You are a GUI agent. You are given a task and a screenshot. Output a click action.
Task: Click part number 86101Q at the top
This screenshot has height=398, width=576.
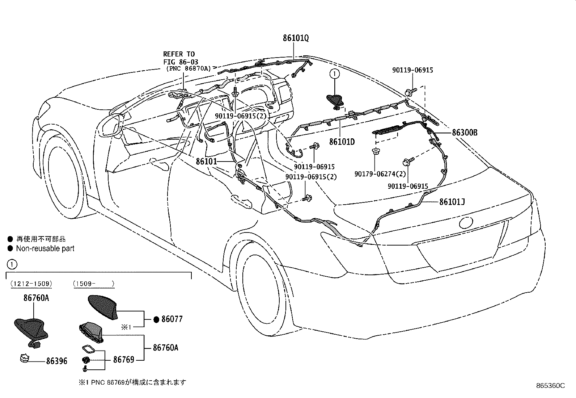pyautogui.click(x=296, y=38)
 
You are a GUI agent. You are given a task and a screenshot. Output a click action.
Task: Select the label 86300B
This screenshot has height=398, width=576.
pyautogui.click(x=464, y=133)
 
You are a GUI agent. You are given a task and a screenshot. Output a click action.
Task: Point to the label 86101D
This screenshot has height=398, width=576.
pyautogui.click(x=342, y=142)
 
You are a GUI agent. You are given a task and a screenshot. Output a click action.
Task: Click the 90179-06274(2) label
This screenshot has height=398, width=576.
pyautogui.click(x=380, y=174)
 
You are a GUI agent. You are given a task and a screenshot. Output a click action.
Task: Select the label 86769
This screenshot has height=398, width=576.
pyautogui.click(x=123, y=360)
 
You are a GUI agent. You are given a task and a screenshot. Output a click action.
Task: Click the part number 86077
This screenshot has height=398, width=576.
pyautogui.click(x=171, y=319)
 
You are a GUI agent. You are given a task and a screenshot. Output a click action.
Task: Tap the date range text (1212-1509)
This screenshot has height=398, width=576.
pyautogui.click(x=31, y=284)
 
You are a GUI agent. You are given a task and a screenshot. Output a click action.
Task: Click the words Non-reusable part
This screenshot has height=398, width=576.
pyautogui.click(x=45, y=249)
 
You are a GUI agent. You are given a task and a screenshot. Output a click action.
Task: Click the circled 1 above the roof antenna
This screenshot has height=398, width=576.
pyautogui.click(x=334, y=74)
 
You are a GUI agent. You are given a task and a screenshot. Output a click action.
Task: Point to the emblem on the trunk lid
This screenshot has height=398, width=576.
pyautogui.click(x=466, y=222)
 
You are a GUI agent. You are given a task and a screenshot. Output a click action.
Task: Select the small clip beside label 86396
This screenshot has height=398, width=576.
pyautogui.click(x=24, y=359)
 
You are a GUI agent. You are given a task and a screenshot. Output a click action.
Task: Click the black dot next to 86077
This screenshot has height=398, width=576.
pyautogui.click(x=156, y=319)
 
